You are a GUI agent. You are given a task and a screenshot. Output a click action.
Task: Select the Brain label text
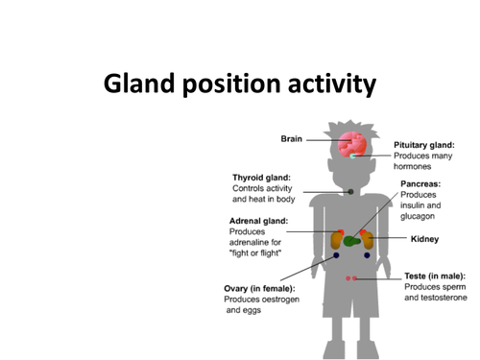coord(291,139)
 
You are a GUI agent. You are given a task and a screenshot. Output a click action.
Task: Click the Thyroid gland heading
coord(261,177)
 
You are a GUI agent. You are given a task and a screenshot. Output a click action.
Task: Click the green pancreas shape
coord(353,240)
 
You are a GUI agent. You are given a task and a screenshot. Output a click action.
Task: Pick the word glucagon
coord(420,217)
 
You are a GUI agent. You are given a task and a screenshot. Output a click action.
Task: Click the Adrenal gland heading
coord(259,220)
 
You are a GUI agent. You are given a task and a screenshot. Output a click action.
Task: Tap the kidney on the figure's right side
coord(370,240)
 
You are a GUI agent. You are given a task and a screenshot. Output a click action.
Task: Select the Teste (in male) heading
coord(434,276)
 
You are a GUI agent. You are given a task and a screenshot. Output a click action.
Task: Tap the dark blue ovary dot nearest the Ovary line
coord(336,255)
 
